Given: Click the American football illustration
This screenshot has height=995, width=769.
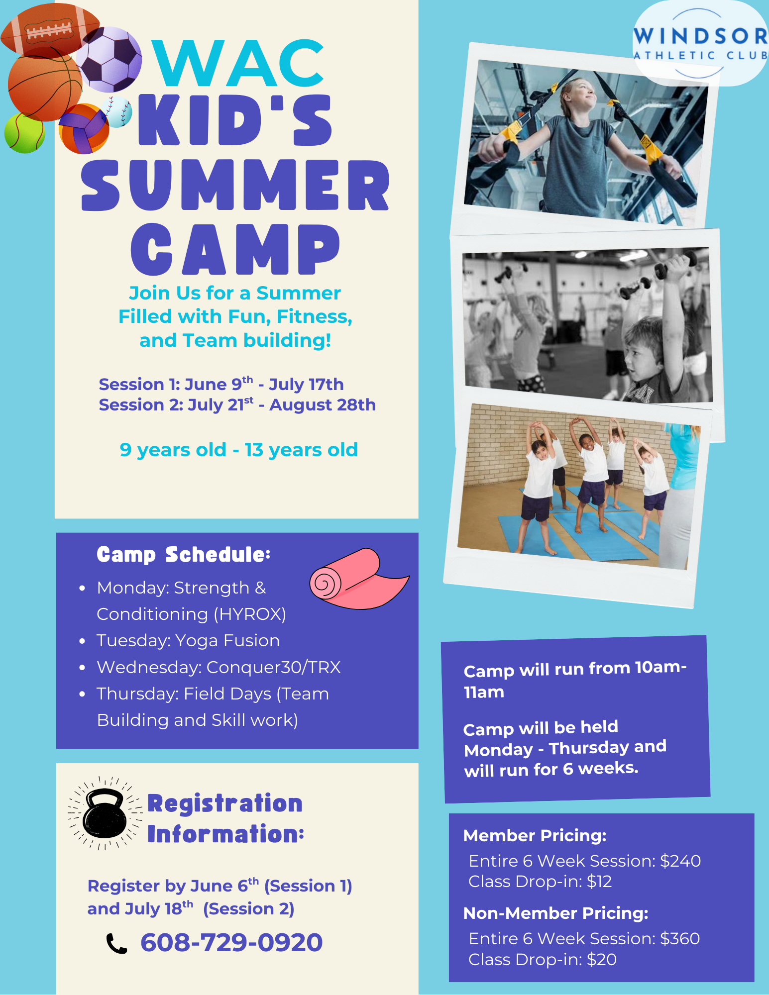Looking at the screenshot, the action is (x=50, y=30).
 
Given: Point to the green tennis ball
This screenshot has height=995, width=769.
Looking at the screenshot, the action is (x=24, y=133).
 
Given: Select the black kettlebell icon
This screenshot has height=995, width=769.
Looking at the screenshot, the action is (x=105, y=813).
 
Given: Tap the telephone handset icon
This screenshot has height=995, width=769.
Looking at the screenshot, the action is (x=116, y=943).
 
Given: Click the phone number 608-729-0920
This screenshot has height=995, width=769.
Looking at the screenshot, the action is (x=231, y=942).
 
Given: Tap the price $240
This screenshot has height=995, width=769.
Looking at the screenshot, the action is (x=680, y=861).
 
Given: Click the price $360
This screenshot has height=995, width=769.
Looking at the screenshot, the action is (x=680, y=939).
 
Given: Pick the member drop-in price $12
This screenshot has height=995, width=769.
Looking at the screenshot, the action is (x=599, y=882).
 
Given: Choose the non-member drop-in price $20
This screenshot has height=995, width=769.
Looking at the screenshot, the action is (x=602, y=960).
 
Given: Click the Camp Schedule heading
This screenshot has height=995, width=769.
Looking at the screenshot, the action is (x=184, y=555).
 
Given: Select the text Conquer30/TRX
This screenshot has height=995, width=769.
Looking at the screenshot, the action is (x=274, y=668).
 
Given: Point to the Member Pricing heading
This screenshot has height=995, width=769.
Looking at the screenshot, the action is (x=535, y=836).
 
